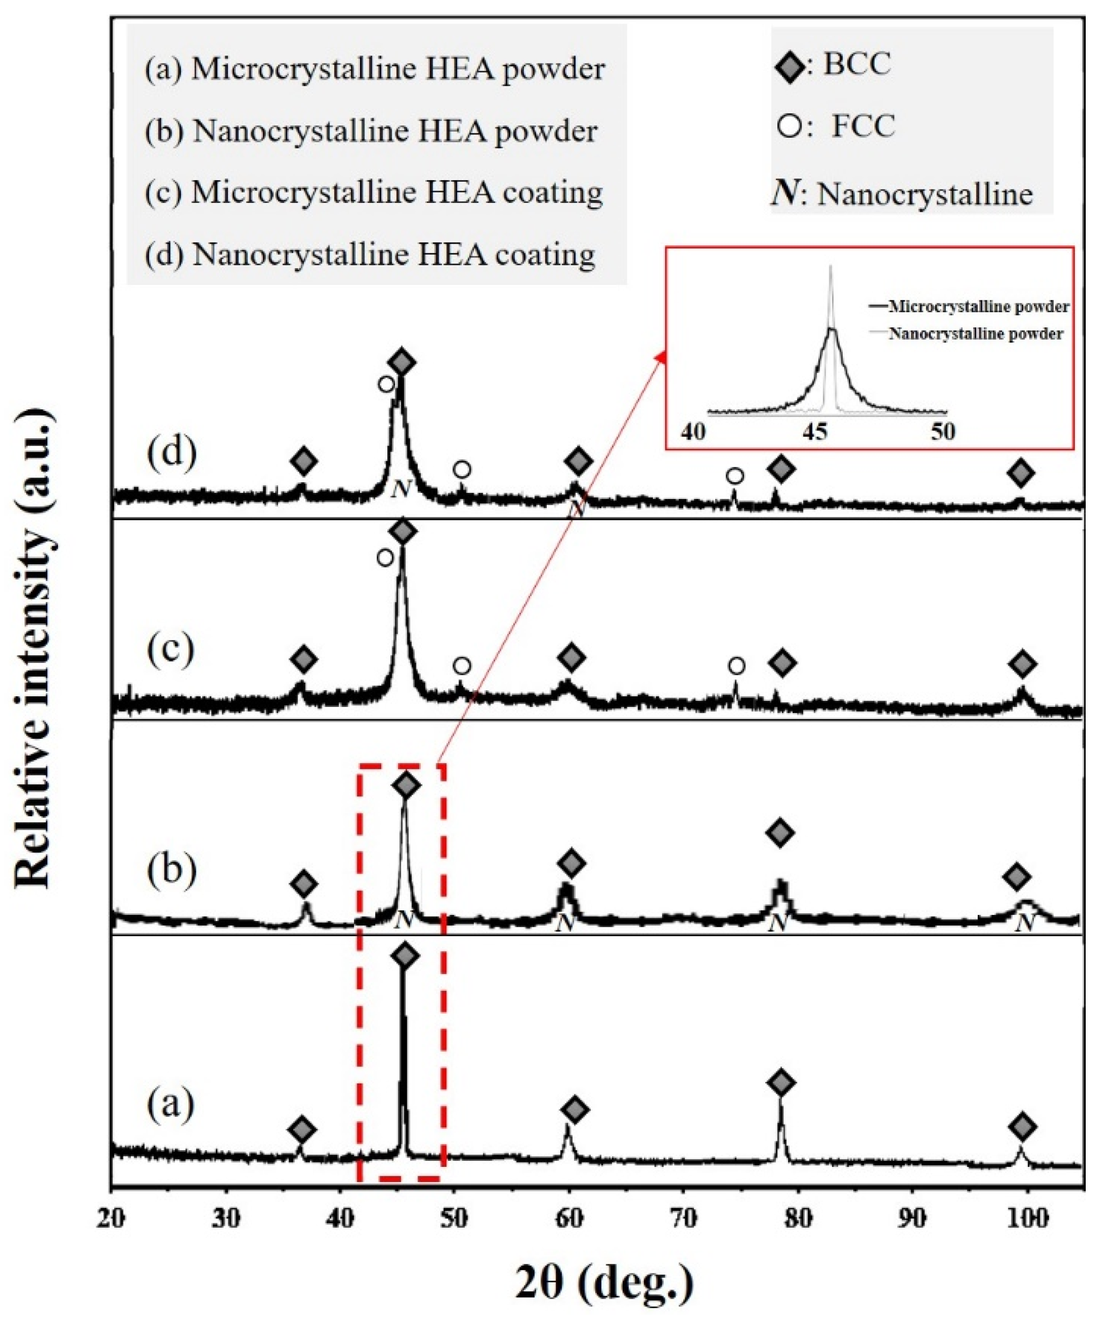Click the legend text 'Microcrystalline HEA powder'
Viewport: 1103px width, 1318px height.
coord(398,69)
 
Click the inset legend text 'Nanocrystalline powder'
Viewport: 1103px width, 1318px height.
coord(975,333)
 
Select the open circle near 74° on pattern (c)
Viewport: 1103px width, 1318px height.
coord(737,665)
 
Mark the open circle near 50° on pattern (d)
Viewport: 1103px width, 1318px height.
coord(462,469)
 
